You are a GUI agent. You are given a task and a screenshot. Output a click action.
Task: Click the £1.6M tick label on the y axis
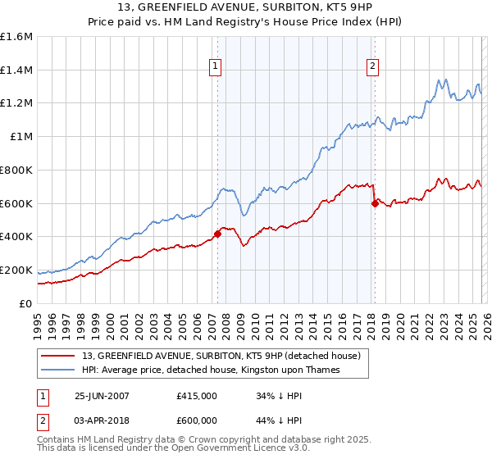point(16,37)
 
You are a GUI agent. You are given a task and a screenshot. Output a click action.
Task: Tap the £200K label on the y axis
point(16,270)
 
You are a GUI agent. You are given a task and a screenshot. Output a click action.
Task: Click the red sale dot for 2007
point(217,234)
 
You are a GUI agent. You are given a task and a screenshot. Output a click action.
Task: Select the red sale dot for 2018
point(375,203)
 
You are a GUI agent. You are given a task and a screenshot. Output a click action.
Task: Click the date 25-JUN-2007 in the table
point(102,396)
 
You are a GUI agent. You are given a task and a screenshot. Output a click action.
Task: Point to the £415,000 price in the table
point(197,396)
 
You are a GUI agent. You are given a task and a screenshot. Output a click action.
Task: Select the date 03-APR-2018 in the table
point(102,420)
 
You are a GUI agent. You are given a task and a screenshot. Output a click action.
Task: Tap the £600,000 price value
point(197,420)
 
